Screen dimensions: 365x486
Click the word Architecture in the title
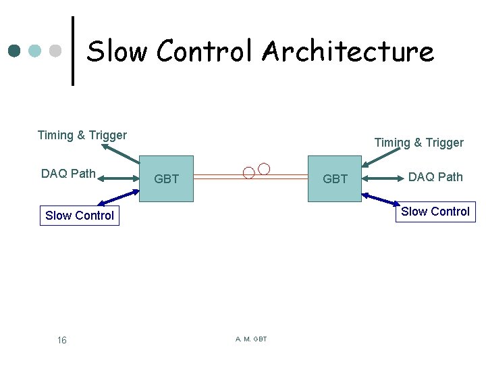(348, 51)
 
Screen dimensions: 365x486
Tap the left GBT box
(166, 179)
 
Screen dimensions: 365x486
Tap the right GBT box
(335, 179)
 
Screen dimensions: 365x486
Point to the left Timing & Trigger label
(82, 135)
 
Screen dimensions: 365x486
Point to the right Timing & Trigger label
(418, 143)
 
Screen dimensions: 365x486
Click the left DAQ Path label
(68, 174)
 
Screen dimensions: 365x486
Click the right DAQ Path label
(435, 177)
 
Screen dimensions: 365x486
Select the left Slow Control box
(80, 216)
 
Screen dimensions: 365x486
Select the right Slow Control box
(435, 212)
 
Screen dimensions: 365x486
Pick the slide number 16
(61, 340)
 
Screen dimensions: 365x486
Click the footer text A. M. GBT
(251, 339)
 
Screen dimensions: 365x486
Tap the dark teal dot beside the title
(14, 51)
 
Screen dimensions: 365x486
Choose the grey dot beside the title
(57, 51)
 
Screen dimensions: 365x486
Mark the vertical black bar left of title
(73, 51)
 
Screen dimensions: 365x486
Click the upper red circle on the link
(264, 168)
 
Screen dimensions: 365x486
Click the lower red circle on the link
(248, 172)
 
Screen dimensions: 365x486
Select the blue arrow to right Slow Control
(381, 199)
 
